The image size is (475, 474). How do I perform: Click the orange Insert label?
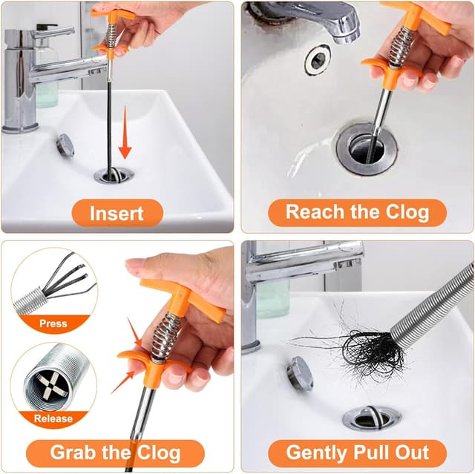[117, 213]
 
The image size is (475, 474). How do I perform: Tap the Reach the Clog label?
[357, 213]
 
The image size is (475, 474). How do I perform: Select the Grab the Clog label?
[115, 452]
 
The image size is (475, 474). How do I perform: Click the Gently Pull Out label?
[357, 452]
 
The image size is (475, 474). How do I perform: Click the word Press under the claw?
[53, 324]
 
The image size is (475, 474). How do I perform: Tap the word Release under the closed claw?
[53, 418]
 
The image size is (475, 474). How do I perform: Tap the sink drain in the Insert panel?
[114, 175]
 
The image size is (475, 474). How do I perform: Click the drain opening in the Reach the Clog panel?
[367, 148]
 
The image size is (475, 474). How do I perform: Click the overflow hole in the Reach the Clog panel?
[318, 59]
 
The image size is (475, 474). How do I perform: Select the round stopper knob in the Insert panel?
[65, 144]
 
